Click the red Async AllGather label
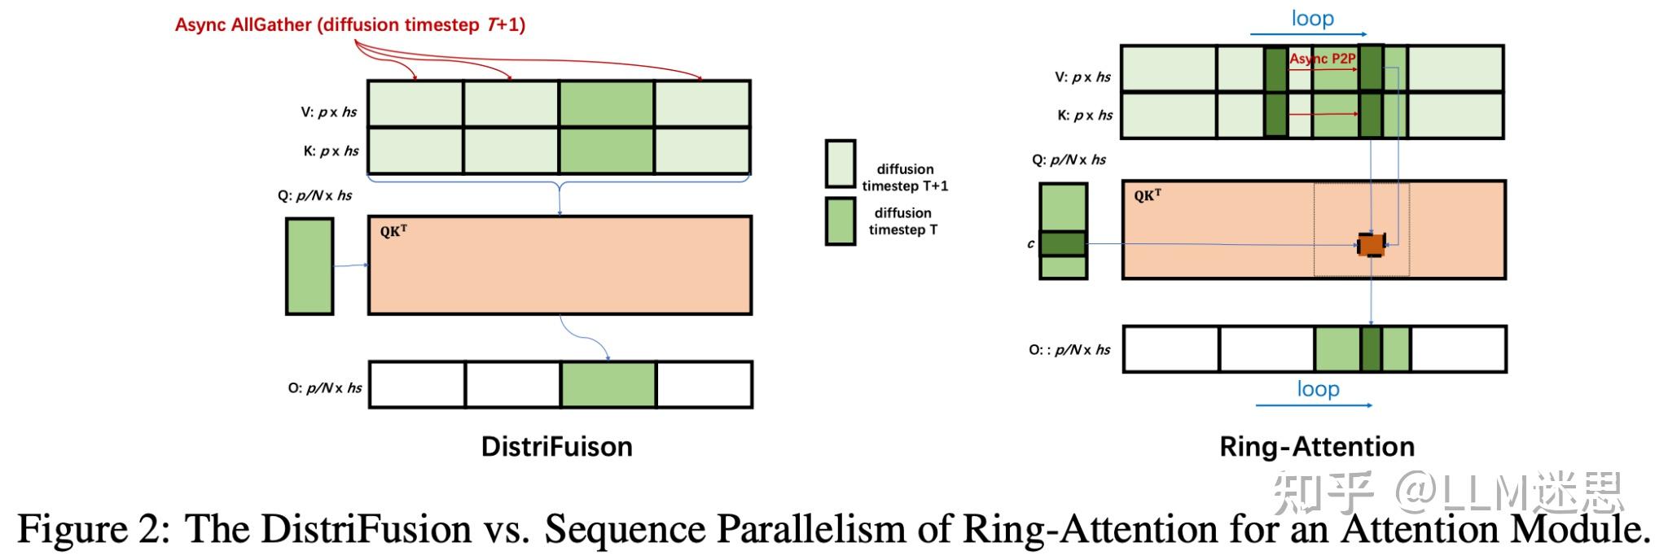click(x=350, y=24)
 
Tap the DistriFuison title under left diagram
click(x=556, y=446)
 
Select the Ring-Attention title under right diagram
click(x=1316, y=446)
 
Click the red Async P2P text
click(x=1322, y=59)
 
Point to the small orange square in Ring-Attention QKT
click(x=1371, y=244)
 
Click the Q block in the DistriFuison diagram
click(x=309, y=266)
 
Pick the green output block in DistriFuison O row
click(x=608, y=384)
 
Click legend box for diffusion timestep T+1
click(x=840, y=164)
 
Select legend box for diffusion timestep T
click(x=840, y=221)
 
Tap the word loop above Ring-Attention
click(x=1312, y=18)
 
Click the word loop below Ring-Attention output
click(x=1318, y=389)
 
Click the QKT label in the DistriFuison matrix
click(x=393, y=231)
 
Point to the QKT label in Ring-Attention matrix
click(x=1147, y=195)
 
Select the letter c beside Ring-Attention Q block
click(x=1030, y=243)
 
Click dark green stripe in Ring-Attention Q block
click(x=1063, y=243)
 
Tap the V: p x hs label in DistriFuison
click(x=328, y=112)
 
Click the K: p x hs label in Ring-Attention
click(x=1084, y=115)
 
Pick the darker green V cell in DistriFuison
click(x=606, y=103)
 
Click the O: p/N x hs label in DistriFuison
click(x=324, y=387)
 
